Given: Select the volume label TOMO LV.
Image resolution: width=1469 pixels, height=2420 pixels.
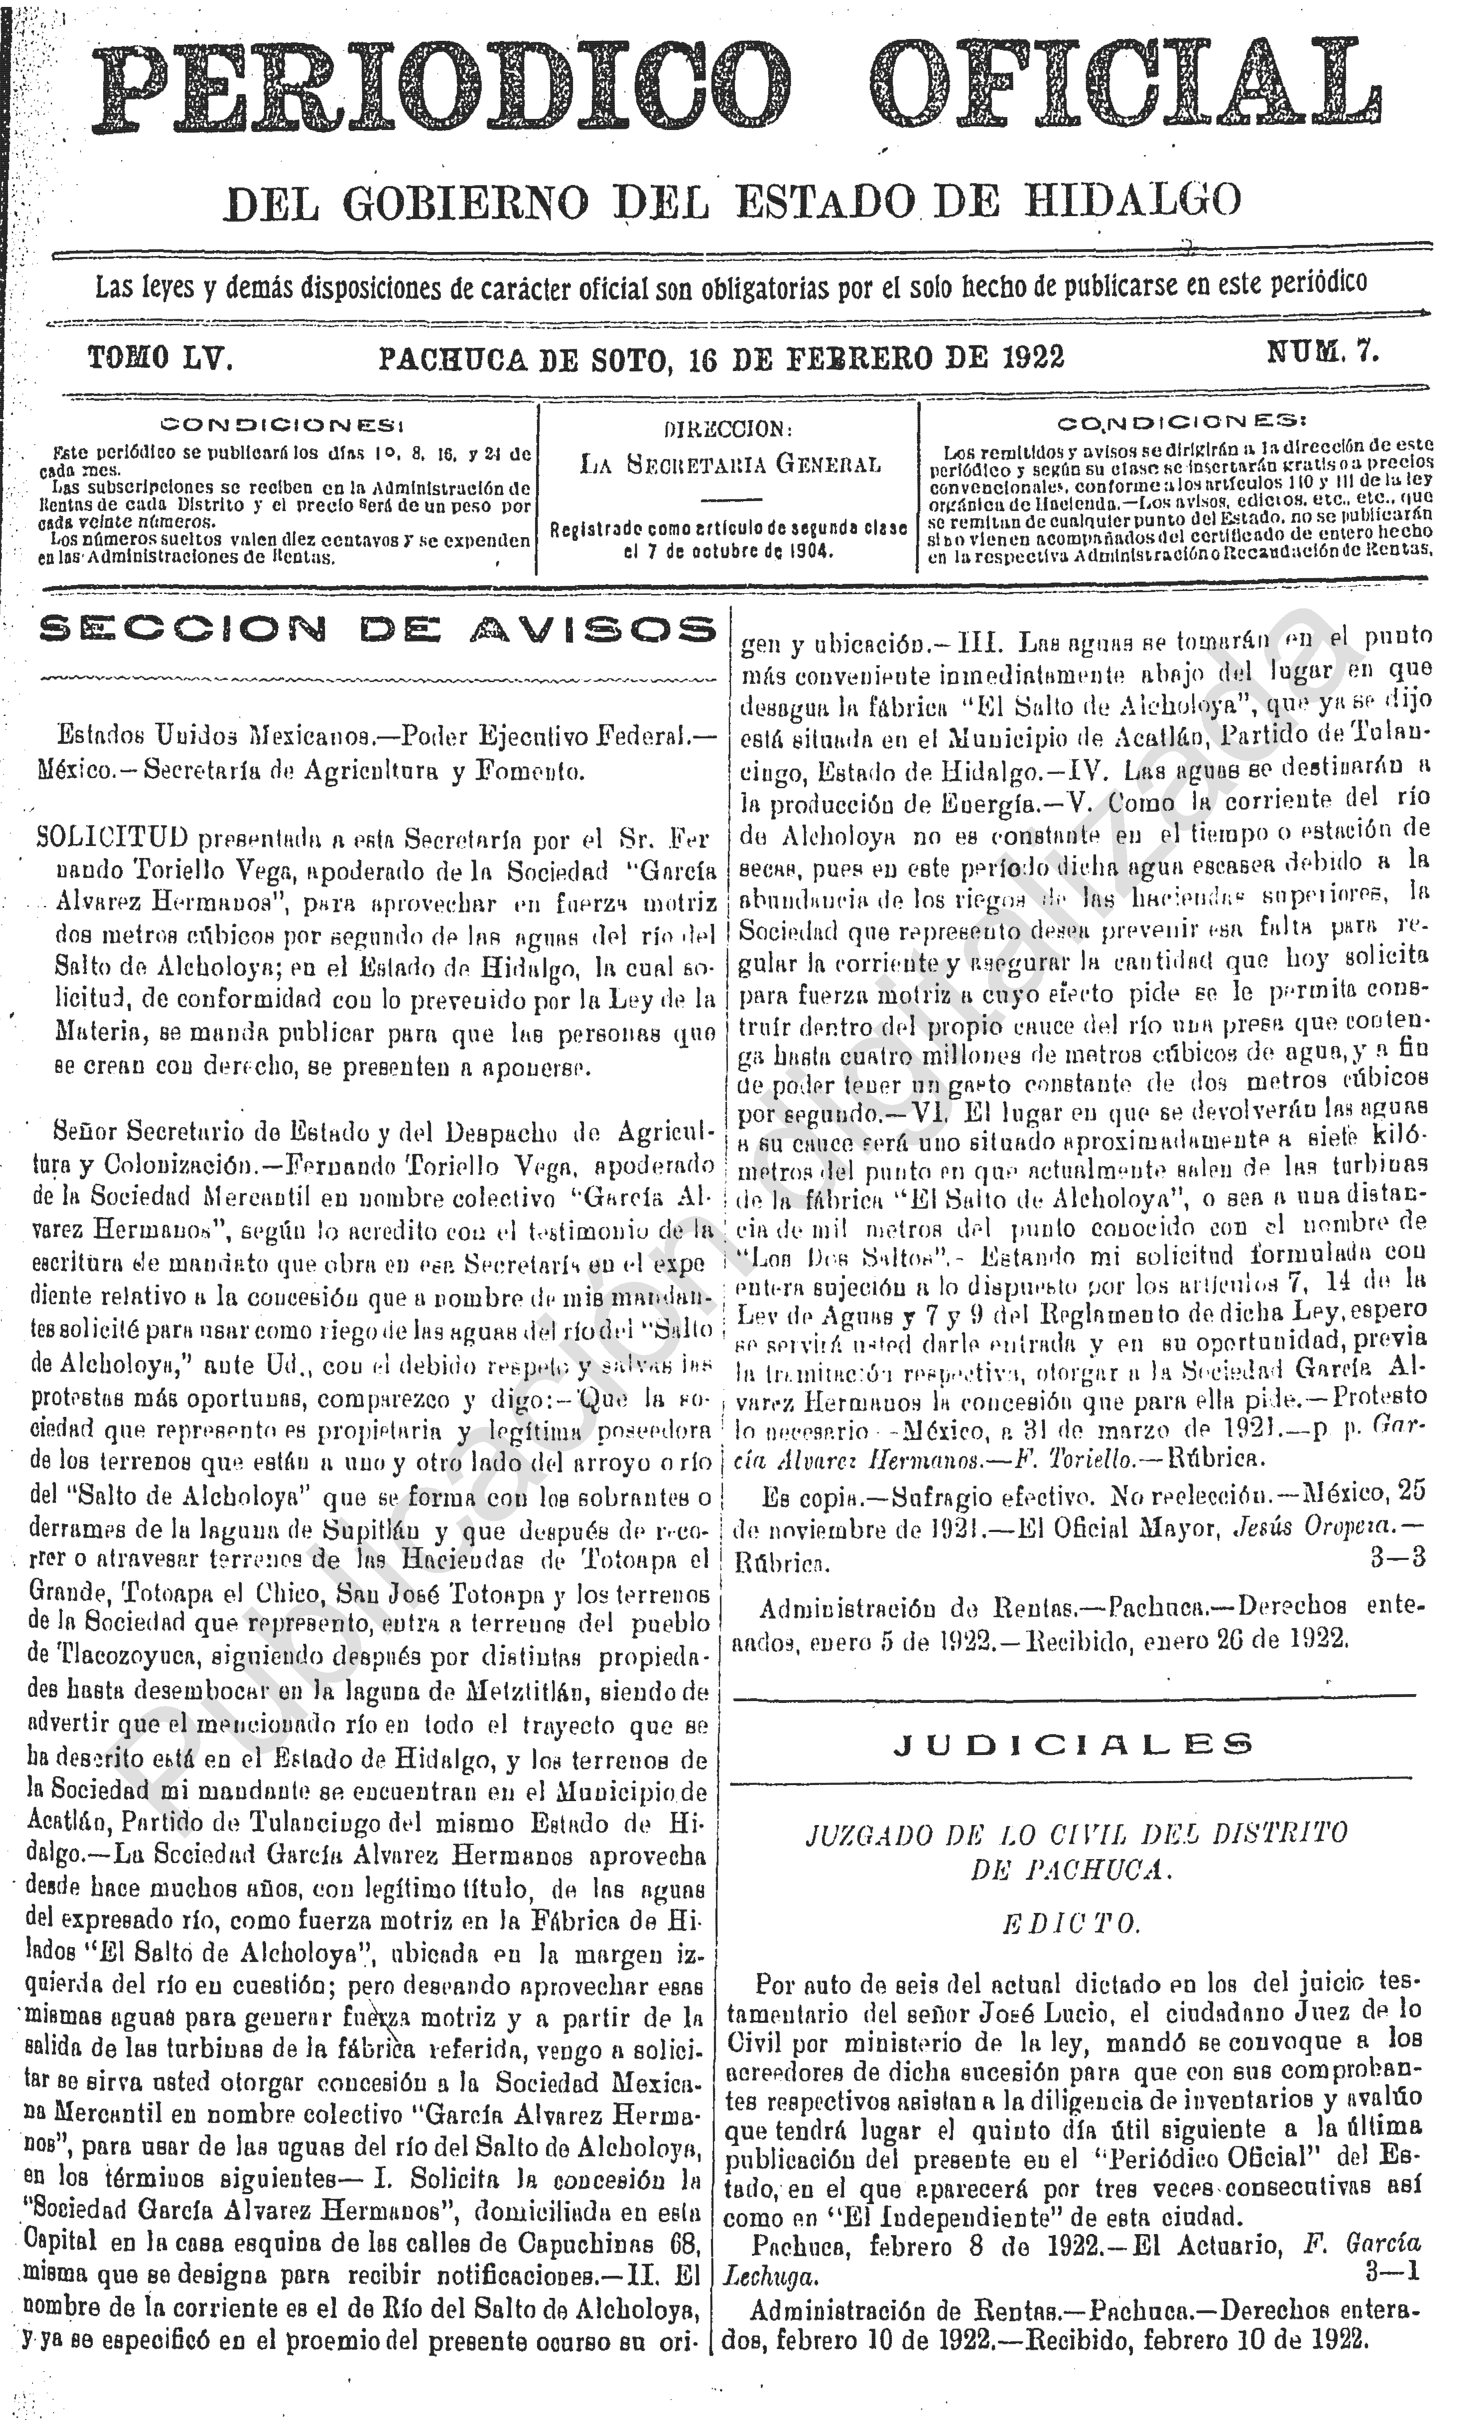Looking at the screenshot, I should pos(160,358).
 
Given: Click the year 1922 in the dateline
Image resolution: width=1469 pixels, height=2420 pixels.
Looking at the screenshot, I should pos(1033,358).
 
